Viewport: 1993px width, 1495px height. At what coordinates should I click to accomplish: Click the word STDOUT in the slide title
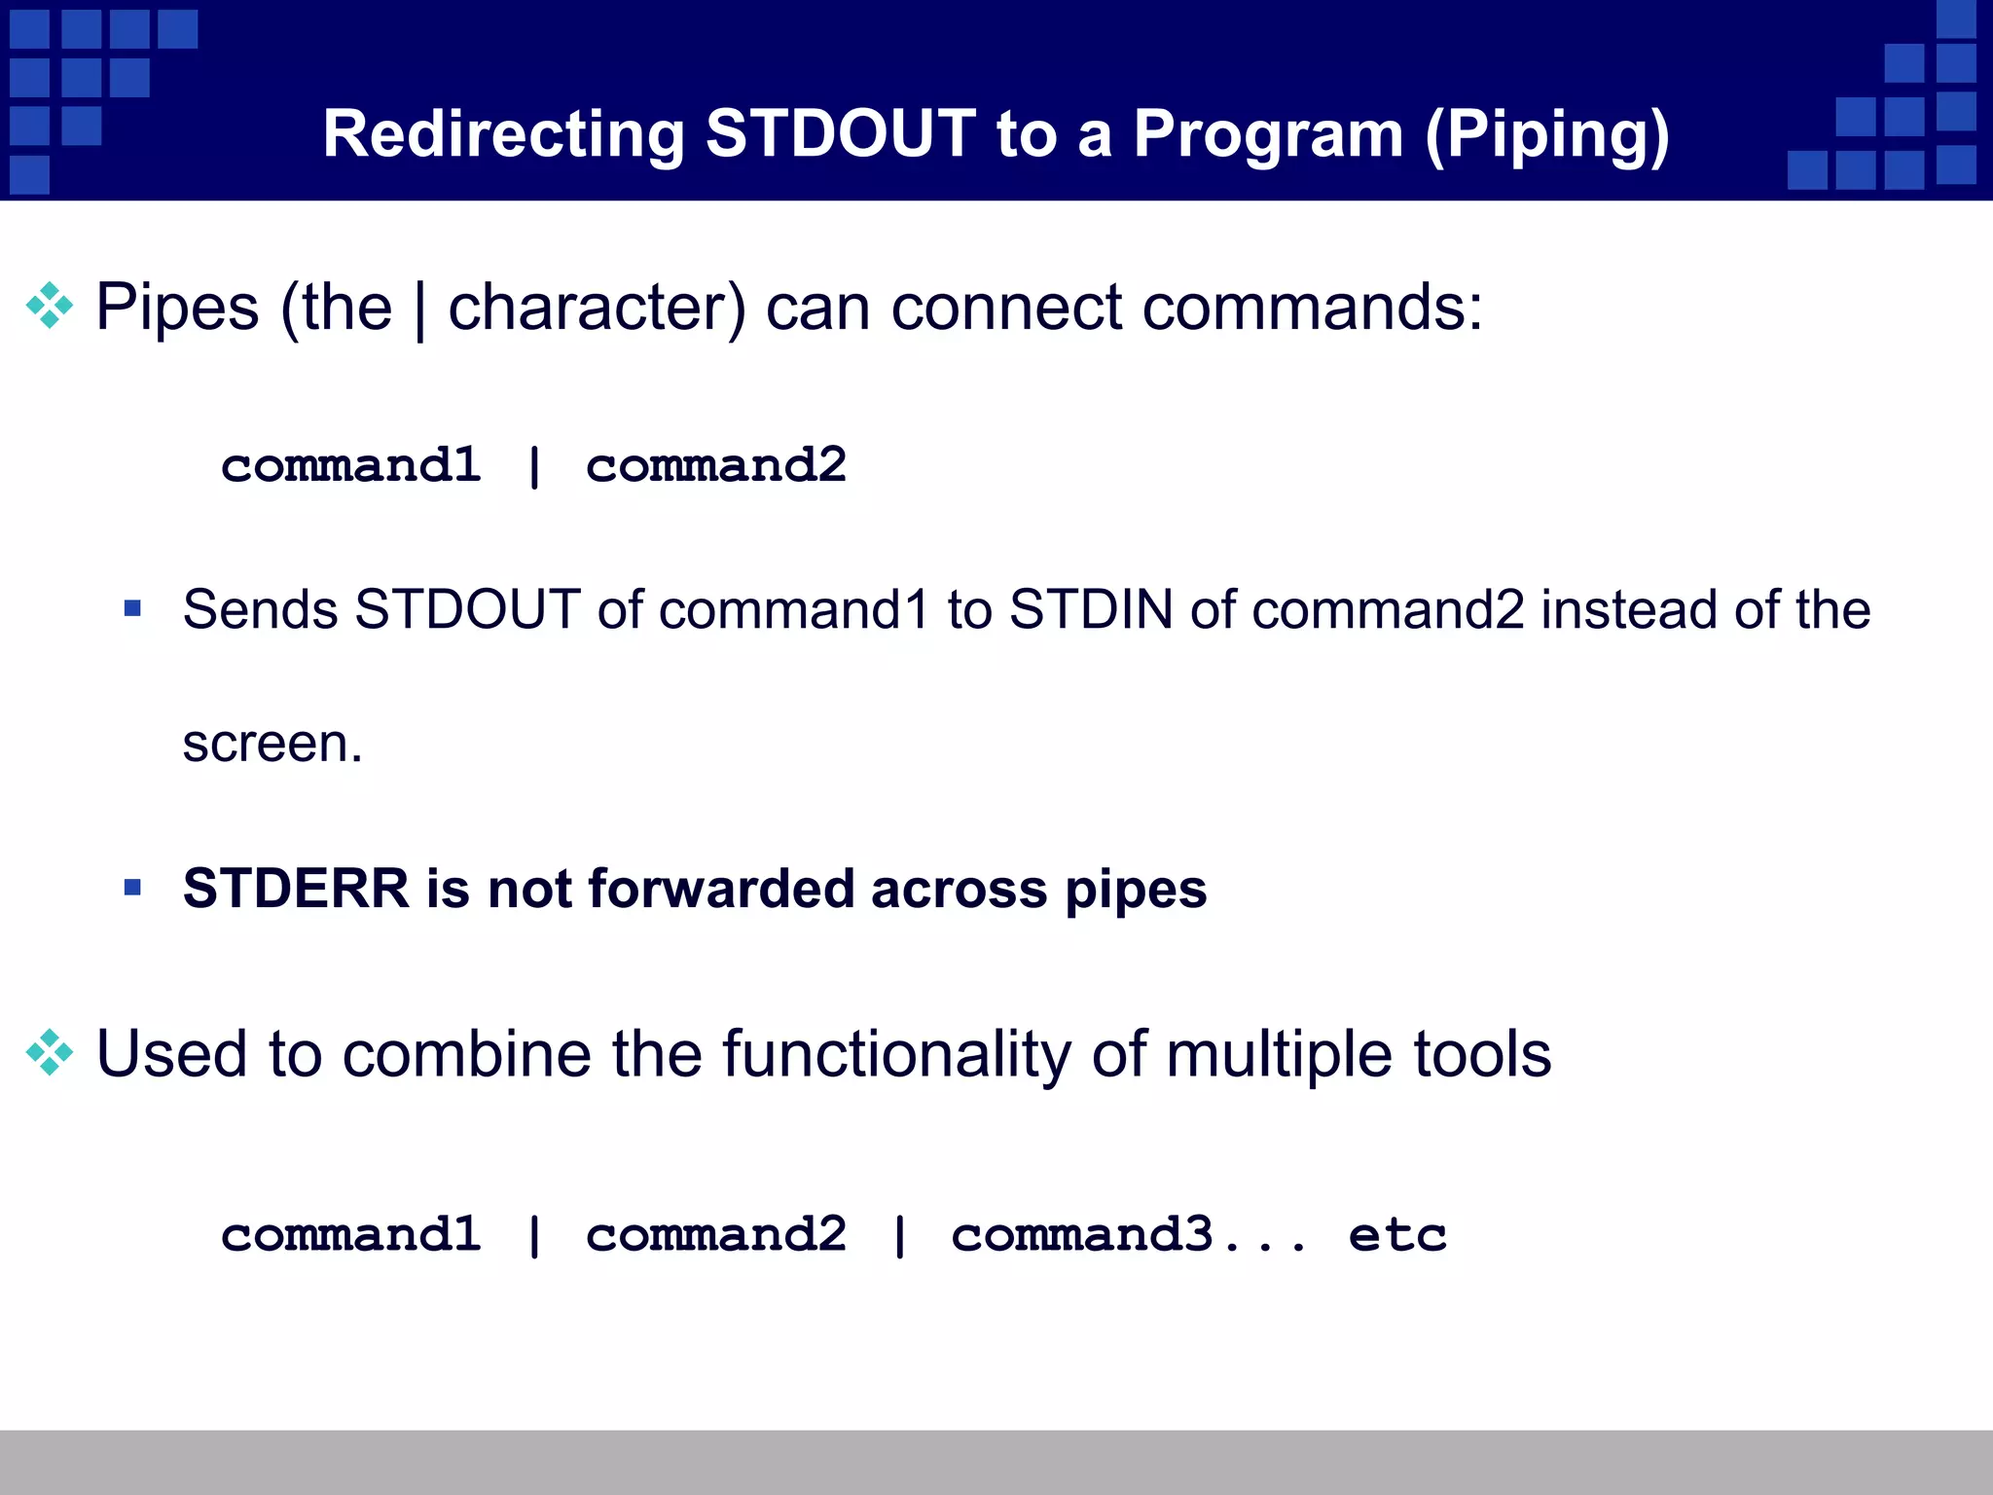click(x=840, y=133)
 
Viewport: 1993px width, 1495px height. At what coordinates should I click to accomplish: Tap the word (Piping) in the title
click(x=1547, y=135)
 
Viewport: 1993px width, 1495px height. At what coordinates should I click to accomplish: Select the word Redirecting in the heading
click(x=504, y=135)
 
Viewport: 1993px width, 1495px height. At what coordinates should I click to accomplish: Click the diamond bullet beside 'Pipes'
click(x=50, y=307)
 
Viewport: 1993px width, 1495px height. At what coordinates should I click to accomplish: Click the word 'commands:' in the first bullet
click(x=1313, y=308)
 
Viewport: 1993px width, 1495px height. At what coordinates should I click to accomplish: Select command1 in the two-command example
click(x=351, y=465)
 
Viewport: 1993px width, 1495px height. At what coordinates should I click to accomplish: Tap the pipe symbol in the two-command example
click(x=533, y=466)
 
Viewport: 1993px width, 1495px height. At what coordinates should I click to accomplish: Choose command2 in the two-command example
click(x=715, y=465)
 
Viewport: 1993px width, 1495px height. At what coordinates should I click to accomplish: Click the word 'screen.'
click(x=272, y=744)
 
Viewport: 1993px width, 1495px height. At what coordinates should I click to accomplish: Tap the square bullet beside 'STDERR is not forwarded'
click(x=133, y=888)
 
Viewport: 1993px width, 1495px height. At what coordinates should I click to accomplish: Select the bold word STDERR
click(x=296, y=889)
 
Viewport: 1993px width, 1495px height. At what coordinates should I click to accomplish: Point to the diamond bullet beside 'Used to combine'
click(x=50, y=1053)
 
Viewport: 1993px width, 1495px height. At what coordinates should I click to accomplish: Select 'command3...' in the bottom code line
click(x=1129, y=1235)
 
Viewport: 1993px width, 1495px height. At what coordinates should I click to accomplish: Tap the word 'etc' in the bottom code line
click(x=1397, y=1235)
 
